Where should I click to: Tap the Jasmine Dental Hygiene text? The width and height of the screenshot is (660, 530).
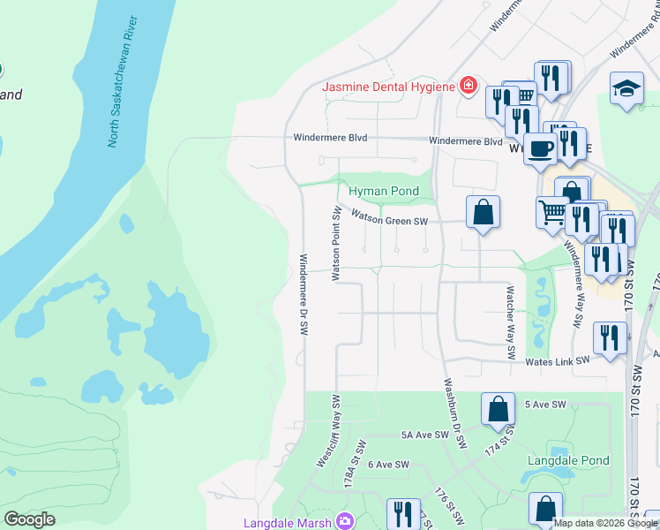point(388,87)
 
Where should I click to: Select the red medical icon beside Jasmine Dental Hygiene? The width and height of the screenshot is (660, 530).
point(468,87)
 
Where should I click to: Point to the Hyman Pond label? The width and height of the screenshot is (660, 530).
point(381,191)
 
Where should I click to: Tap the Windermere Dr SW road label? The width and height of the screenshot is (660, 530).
point(303,295)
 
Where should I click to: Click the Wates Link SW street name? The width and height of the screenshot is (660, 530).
point(558,360)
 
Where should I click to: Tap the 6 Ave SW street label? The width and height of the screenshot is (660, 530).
point(388,464)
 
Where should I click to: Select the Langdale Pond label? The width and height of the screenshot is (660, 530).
point(568,460)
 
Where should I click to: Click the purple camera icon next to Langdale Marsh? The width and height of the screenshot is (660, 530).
point(344,522)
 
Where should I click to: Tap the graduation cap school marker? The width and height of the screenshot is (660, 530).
point(626,88)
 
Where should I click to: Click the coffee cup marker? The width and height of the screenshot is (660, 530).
point(539,148)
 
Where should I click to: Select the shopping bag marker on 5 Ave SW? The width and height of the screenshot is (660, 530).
point(498,408)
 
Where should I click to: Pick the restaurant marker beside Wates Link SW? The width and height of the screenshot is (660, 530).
point(610,337)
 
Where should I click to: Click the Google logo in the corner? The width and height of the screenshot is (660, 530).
point(30,519)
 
